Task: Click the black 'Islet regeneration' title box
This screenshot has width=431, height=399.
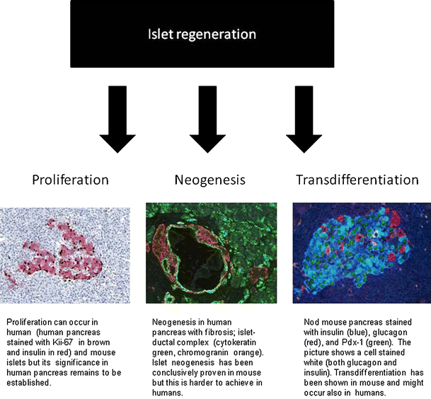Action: click(x=202, y=34)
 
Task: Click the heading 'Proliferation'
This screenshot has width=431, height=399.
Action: click(x=71, y=180)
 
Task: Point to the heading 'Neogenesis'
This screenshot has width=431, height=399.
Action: click(x=209, y=180)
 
